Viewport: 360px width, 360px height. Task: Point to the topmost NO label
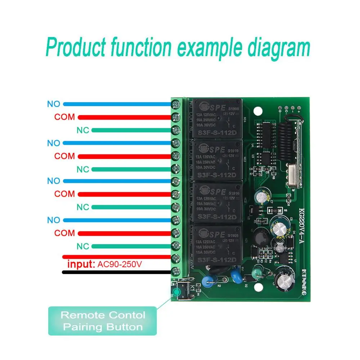pos(54,104)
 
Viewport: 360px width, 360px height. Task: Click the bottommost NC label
pos(83,246)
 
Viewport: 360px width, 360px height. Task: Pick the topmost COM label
pos(65,117)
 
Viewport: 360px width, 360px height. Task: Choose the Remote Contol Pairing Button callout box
pos(102,321)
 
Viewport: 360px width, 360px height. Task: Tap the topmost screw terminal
pos(176,104)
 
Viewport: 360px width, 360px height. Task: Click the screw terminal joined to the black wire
pos(176,272)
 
